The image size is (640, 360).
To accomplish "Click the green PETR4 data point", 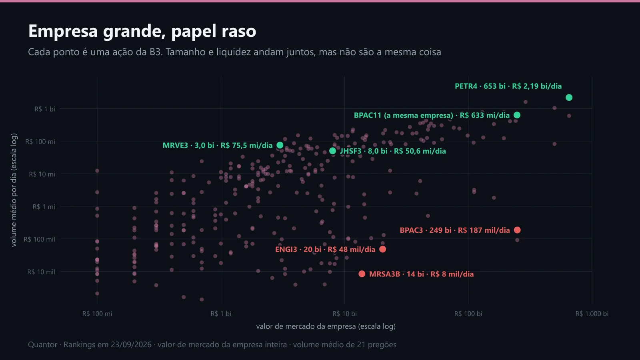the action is [x=569, y=98].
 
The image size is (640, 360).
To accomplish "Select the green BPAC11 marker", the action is [x=517, y=115].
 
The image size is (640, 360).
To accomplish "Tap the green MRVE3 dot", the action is [x=280, y=145].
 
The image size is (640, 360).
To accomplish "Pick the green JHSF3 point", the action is [x=332, y=151].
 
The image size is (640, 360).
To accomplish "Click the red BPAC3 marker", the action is [x=517, y=230].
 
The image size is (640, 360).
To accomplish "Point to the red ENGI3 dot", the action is [x=382, y=249].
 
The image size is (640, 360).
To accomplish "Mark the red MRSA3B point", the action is [x=362, y=274].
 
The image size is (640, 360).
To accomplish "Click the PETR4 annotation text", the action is [x=508, y=86].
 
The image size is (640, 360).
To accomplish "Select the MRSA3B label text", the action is [x=421, y=274].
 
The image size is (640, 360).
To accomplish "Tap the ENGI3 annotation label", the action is [x=325, y=250].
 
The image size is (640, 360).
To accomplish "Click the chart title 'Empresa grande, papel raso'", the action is [x=142, y=31].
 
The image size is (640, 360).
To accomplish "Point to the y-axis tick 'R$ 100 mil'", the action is [x=39, y=239].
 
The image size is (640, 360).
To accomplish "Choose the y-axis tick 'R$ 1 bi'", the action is [x=44, y=109].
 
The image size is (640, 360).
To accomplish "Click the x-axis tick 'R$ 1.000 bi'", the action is [x=592, y=314].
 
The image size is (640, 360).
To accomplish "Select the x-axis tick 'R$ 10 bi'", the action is [x=344, y=314].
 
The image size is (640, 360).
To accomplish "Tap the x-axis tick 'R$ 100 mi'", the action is [x=97, y=314].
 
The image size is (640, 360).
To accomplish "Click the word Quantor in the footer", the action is [x=42, y=344].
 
